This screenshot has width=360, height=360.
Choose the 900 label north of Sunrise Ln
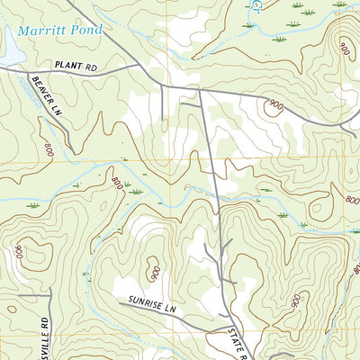tap(154, 270)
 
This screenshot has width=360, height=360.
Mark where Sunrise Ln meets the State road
tap(229, 320)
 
